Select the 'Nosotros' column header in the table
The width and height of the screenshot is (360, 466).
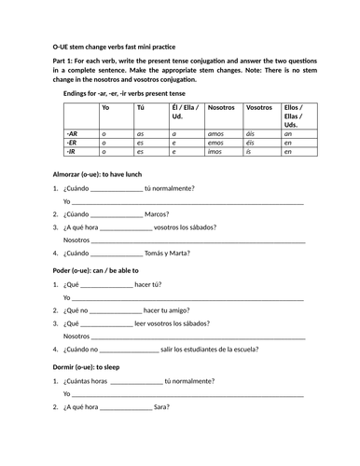[222, 107]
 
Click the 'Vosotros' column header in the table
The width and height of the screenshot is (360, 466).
[258, 107]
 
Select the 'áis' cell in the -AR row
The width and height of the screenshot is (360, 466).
[252, 134]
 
